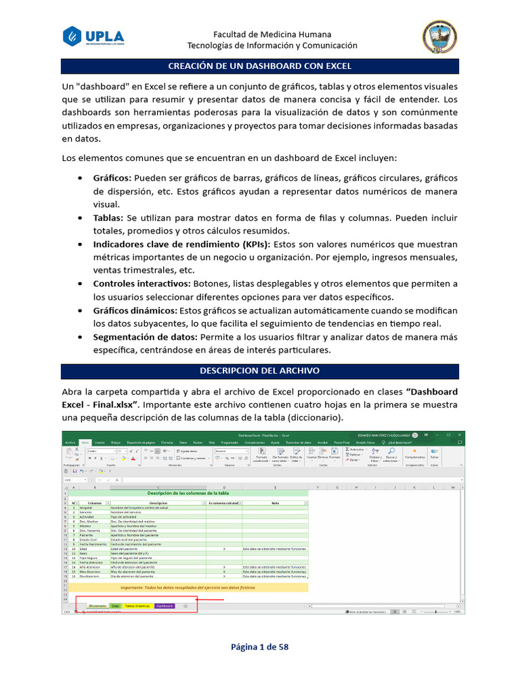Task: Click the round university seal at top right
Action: point(439,37)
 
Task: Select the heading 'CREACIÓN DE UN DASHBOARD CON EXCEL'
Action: point(259,66)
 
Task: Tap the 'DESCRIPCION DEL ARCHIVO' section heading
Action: point(259,371)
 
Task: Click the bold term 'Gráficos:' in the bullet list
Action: point(112,178)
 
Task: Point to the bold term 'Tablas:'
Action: point(108,218)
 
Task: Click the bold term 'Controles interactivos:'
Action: point(142,284)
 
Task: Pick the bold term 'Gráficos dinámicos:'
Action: point(135,310)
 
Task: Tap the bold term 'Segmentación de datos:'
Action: point(146,336)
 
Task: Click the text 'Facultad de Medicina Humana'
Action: point(272,34)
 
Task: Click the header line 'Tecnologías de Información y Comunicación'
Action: point(272,45)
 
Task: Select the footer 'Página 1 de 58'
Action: point(260,647)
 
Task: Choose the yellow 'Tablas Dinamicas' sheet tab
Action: point(137,606)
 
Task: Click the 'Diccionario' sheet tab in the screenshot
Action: point(97,606)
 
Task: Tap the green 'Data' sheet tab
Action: point(116,606)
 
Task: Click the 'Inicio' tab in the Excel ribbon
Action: point(85,441)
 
